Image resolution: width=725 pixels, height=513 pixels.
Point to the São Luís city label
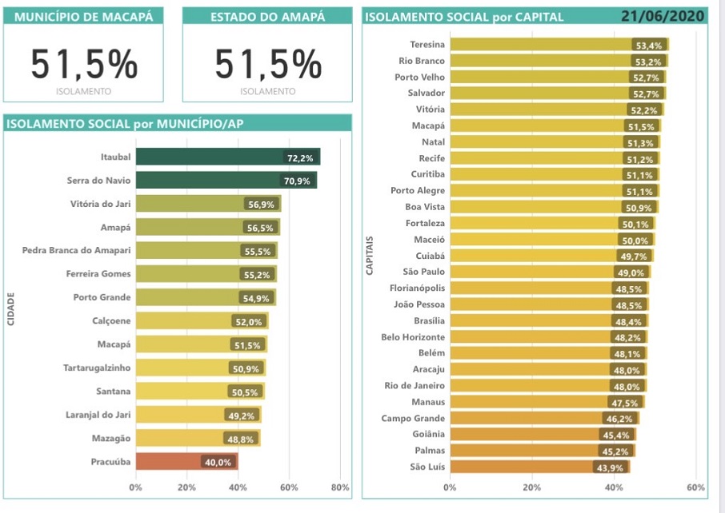point(427,467)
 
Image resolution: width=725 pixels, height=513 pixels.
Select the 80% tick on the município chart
point(340,487)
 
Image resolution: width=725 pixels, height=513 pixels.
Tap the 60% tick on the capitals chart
point(695,487)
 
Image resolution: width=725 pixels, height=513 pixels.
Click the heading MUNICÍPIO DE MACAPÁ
point(83,16)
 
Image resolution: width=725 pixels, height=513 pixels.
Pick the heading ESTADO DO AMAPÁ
point(266,16)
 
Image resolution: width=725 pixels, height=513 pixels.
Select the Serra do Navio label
point(98,181)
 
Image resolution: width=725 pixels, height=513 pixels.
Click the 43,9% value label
point(611,467)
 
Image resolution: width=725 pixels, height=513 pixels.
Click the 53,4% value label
point(648,46)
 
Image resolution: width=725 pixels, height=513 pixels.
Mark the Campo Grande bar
point(528,418)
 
